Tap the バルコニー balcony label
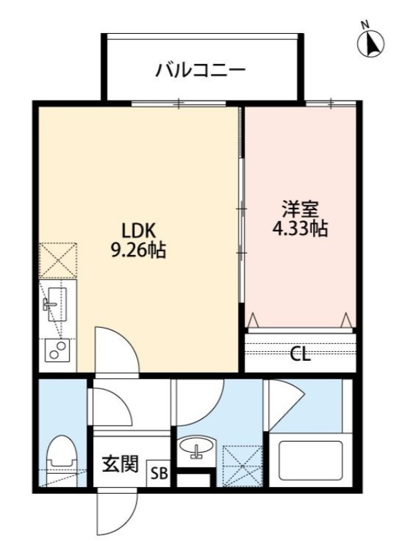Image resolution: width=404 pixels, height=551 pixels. point(201,70)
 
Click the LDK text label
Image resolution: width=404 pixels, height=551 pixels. point(138,230)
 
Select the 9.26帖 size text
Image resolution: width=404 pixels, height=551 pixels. point(138,250)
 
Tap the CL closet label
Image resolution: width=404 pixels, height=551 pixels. point(299,355)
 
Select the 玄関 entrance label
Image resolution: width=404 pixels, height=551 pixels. point(121,465)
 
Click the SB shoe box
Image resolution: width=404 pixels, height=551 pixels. point(159,474)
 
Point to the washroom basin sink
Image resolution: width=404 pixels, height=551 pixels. point(197,451)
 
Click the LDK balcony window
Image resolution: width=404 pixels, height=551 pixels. point(179,104)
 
